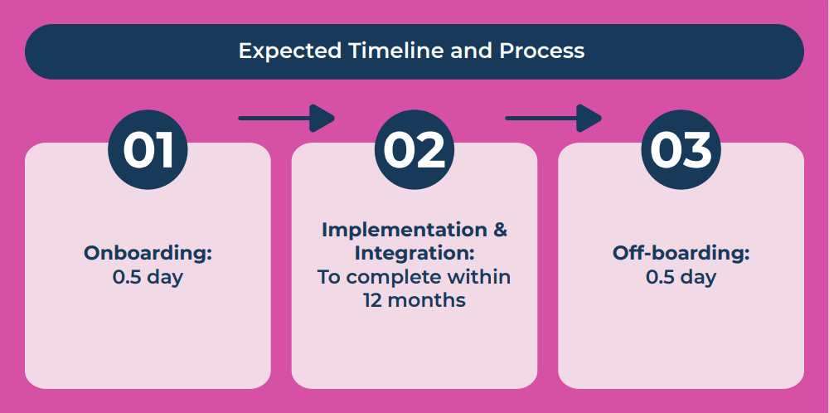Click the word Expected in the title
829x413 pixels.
tap(289, 51)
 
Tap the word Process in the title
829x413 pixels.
tap(542, 51)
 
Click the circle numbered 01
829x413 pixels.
tap(148, 149)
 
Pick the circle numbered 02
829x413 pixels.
tap(414, 149)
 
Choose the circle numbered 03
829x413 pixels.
tap(681, 149)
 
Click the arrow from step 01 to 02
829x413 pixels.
tap(287, 118)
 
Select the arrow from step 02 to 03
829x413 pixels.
tap(554, 118)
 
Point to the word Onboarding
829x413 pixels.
tap(148, 254)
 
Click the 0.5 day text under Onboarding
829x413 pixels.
tap(148, 277)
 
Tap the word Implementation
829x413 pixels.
tap(405, 230)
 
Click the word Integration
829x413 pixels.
tap(414, 253)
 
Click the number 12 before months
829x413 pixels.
tap(373, 300)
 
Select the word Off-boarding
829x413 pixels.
tap(681, 253)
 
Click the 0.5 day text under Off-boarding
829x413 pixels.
tap(681, 277)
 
